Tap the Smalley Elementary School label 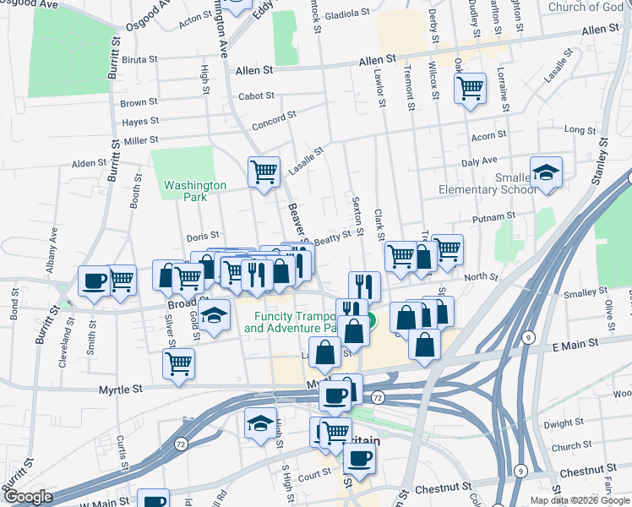pyautogui.click(x=487, y=183)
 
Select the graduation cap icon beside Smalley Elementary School pyautogui.click(x=547, y=172)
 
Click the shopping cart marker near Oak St pyautogui.click(x=471, y=87)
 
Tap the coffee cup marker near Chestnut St pyautogui.click(x=359, y=458)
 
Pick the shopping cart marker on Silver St pyautogui.click(x=178, y=364)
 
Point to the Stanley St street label pyautogui.click(x=602, y=161)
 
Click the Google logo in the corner pyautogui.click(x=28, y=497)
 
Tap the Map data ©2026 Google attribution pyautogui.click(x=580, y=500)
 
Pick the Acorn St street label pyautogui.click(x=488, y=134)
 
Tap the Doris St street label pyautogui.click(x=202, y=236)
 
